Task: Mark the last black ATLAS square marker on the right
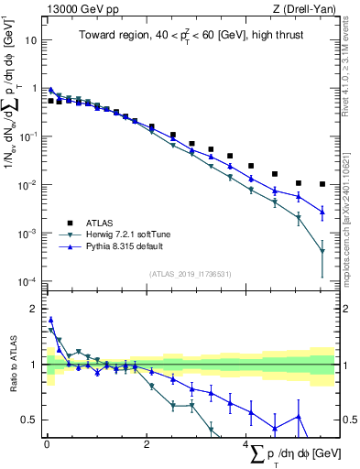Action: coord(322,184)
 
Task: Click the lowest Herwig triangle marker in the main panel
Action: coord(322,252)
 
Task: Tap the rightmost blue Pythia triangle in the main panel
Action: coord(322,212)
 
